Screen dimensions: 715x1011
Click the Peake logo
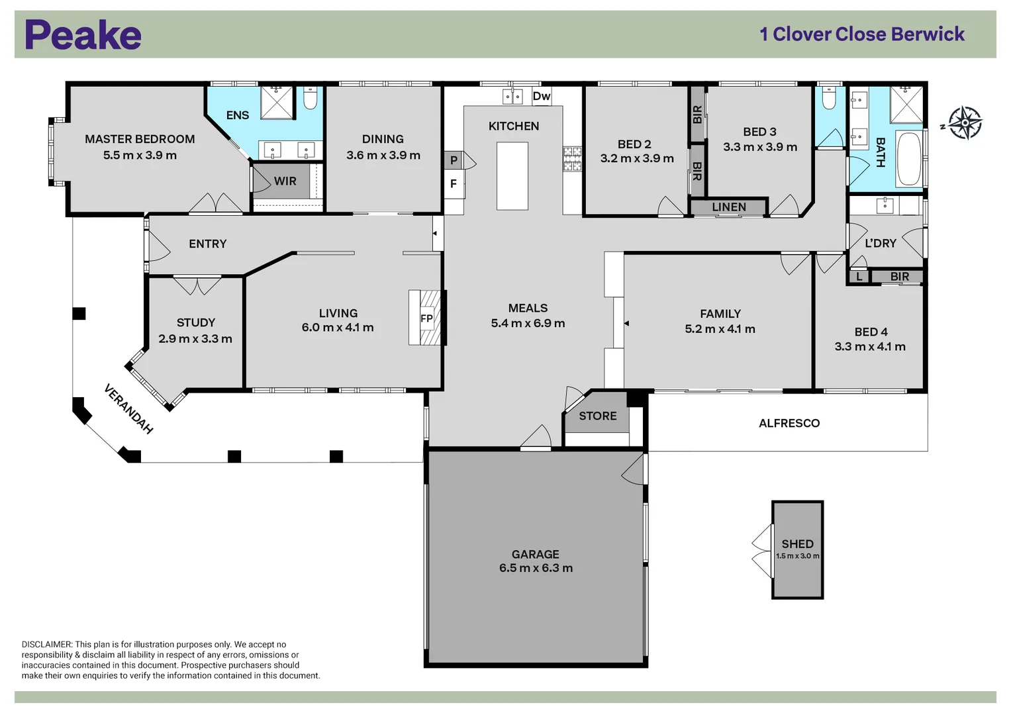(83, 35)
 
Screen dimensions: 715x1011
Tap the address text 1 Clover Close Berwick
(861, 34)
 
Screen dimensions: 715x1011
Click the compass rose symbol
(965, 123)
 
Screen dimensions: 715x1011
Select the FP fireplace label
(426, 318)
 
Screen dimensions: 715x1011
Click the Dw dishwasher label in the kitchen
(541, 96)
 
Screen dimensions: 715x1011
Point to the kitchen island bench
(512, 176)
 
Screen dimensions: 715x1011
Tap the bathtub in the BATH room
(908, 159)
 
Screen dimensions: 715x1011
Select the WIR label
(285, 181)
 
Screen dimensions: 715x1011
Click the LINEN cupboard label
(728, 207)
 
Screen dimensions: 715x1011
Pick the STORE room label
(597, 416)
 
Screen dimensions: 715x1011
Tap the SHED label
(797, 544)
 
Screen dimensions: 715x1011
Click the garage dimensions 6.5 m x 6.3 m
(536, 568)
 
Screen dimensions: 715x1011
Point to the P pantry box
(454, 160)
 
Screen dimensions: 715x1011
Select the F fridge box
(454, 184)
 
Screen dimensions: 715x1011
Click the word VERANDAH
(128, 409)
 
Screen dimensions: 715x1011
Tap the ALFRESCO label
(789, 423)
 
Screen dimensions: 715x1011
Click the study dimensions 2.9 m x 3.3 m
(195, 339)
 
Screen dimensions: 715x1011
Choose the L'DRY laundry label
(880, 244)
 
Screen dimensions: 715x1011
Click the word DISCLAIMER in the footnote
(46, 644)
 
